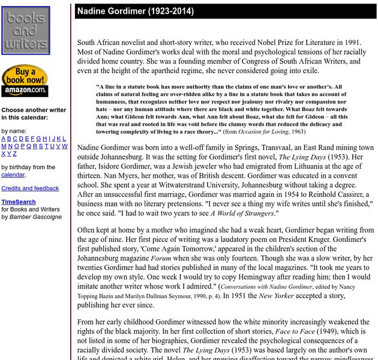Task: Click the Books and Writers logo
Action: pos(26,30)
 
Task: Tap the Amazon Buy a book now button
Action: pos(25,80)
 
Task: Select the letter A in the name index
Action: pos(4,139)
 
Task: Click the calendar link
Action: pos(13,175)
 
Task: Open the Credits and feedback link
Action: pos(30,188)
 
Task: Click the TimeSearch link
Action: pos(18,202)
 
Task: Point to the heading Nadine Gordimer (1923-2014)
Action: pos(135,11)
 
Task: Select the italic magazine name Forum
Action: pos(160,259)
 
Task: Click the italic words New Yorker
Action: pos(278,296)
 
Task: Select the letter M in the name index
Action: pos(4,146)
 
